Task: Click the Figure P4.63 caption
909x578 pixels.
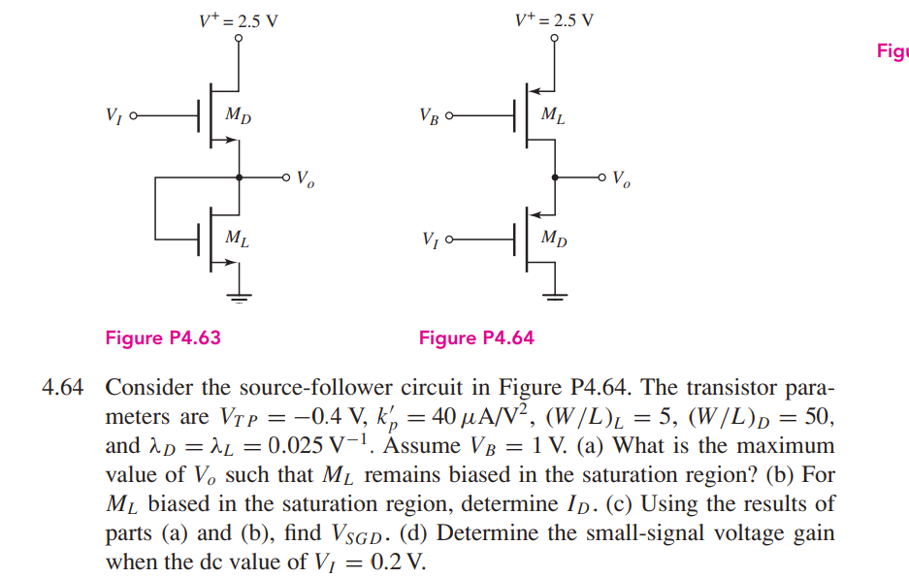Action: (162, 337)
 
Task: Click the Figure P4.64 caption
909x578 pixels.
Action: (476, 337)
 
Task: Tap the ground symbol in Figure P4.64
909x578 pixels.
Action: (555, 298)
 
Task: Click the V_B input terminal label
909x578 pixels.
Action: (429, 115)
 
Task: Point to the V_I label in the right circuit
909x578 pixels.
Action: (429, 239)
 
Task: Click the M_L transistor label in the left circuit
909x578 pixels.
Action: (237, 238)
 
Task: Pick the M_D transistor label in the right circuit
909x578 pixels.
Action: (554, 238)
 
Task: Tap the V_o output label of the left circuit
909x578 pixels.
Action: (305, 179)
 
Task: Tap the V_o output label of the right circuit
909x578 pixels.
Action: (621, 180)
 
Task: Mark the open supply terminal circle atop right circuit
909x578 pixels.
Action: (555, 40)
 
